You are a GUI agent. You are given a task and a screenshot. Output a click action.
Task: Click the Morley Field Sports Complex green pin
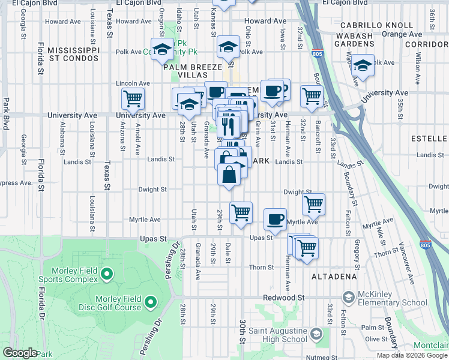107,274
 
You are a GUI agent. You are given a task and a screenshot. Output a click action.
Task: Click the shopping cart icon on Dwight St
313,204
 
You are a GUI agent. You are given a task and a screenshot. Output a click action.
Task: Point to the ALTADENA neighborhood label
334,277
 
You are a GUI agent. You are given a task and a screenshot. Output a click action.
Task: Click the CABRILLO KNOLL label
376,25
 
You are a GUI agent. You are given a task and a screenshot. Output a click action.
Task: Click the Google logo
20,353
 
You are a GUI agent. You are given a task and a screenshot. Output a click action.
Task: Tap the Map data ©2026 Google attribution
412,355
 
